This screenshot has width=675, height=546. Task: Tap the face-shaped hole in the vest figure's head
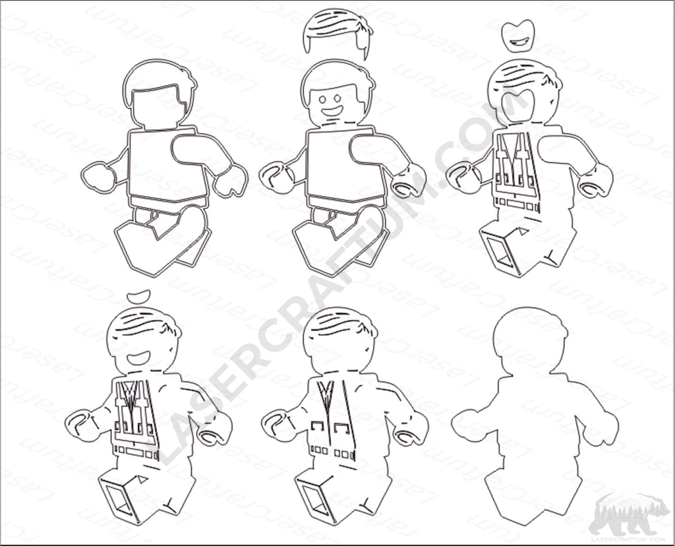pyautogui.click(x=517, y=105)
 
